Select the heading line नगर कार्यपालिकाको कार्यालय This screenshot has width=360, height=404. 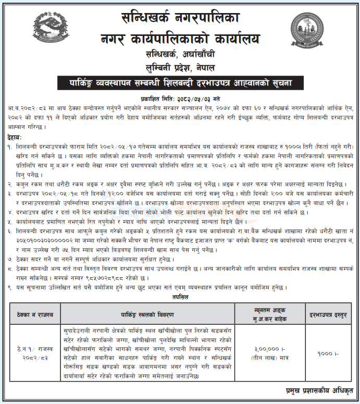click(180, 38)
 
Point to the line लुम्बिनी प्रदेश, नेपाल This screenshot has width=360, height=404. click(180, 68)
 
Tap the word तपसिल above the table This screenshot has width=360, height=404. click(180, 297)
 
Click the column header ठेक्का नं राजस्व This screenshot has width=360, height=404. click(35, 315)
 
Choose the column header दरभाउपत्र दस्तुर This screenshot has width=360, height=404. click(329, 315)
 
